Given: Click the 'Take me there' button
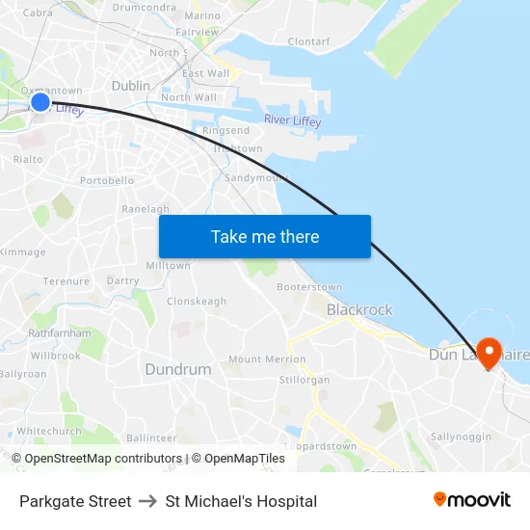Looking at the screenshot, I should click(x=265, y=236).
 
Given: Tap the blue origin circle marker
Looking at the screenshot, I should click(x=40, y=102).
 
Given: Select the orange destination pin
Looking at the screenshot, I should click(x=489, y=352).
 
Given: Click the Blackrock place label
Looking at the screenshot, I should click(x=359, y=309).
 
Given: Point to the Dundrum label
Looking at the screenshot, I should click(x=177, y=369).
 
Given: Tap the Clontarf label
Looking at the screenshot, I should click(x=308, y=41).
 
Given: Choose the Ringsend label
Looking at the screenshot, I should click(x=225, y=130).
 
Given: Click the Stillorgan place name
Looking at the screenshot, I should click(x=304, y=380).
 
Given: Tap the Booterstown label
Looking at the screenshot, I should click(x=309, y=287).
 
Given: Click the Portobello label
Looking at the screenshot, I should click(x=107, y=180).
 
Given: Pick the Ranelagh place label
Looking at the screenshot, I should click(x=145, y=209).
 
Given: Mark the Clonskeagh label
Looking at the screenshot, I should click(x=197, y=302).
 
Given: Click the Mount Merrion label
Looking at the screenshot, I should click(x=267, y=359).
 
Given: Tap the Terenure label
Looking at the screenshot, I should click(x=66, y=281).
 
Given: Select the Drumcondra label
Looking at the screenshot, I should click(x=144, y=7).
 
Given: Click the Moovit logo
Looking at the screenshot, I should click(x=472, y=499).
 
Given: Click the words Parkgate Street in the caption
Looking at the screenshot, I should click(x=75, y=501).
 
